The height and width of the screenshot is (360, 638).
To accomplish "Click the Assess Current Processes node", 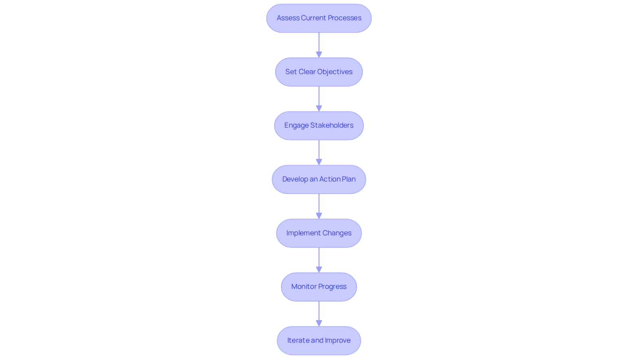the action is [319, 18].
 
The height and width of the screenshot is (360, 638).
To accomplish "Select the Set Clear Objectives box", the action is [319, 72].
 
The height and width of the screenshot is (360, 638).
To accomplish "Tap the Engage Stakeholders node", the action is [319, 126].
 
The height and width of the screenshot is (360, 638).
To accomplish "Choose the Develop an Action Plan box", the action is [319, 179].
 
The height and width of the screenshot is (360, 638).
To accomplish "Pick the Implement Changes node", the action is [319, 233].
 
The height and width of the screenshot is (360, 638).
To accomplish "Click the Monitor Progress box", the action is [319, 287].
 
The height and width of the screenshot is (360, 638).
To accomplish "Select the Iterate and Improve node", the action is [319, 340].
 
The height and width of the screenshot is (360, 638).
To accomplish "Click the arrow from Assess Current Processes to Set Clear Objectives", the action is [319, 45].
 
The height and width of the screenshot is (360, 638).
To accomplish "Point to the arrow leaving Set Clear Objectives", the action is [319, 99].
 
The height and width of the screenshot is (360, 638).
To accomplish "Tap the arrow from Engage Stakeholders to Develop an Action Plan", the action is [319, 153].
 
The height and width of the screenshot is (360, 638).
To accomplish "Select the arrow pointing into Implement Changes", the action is [319, 207].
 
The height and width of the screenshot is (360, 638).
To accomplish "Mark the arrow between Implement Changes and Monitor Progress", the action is [319, 260].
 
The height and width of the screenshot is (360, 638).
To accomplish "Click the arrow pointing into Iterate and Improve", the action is [319, 314].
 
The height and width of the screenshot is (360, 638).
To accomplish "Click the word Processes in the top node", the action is [345, 18].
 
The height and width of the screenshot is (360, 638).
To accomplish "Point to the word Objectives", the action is [335, 72].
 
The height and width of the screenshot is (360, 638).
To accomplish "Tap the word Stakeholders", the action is [332, 125].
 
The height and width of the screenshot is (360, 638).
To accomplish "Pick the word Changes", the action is [337, 233].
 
